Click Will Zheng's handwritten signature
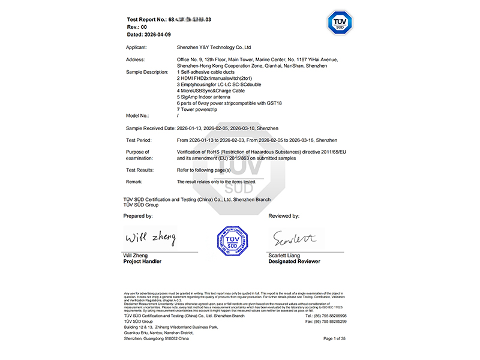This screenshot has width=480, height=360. pos(150,237)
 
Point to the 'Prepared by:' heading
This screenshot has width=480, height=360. pos(138,215)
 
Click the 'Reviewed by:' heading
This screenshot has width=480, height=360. pos(284,215)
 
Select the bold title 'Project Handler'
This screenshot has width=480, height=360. pos(142,262)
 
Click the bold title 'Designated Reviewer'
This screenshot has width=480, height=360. pos(294,262)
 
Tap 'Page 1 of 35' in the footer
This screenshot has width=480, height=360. pos(335,339)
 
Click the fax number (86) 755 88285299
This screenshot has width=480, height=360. pos(330,322)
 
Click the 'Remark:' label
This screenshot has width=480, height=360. pos(134,181)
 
